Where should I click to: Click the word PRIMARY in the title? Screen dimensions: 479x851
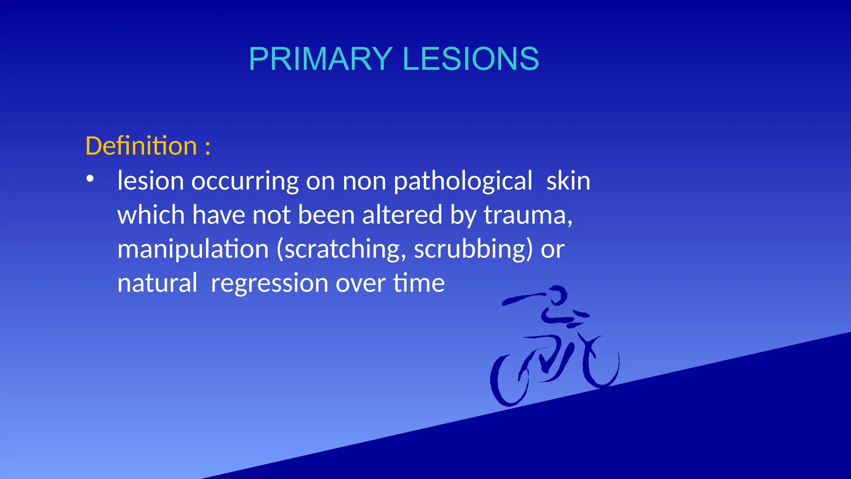point(320,59)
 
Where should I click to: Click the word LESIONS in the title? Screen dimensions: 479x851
point(471,59)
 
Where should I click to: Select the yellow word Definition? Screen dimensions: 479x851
point(141,146)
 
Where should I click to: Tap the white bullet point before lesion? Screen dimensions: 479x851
point(90,179)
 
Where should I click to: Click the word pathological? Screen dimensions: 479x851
point(462,181)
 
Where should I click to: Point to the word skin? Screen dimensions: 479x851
point(568,181)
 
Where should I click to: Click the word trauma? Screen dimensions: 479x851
point(525,215)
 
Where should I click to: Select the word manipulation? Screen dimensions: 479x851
point(193,249)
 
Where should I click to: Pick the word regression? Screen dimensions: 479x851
point(270,283)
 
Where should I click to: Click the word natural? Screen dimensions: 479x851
point(157,283)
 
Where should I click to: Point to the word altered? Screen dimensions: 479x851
point(402,215)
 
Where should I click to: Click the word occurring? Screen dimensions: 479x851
point(245,181)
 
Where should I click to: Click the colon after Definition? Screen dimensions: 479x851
point(207,148)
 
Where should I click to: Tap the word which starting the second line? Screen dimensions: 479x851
point(151,215)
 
